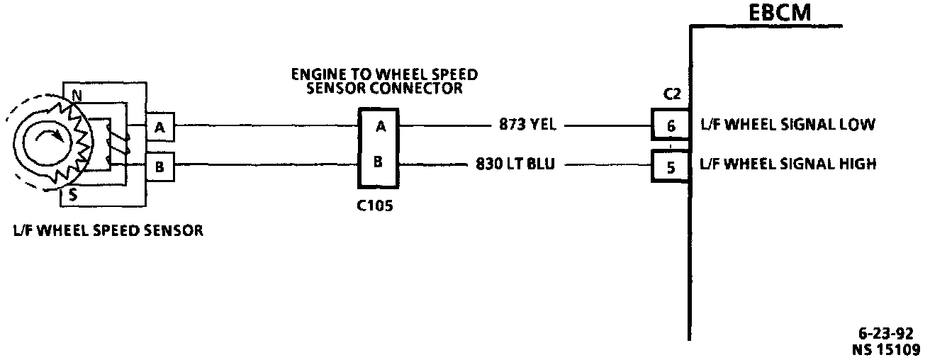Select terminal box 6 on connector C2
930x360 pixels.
click(x=670, y=126)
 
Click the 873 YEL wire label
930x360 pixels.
click(x=528, y=126)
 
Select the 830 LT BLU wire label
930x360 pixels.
click(x=516, y=165)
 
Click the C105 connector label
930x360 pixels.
click(x=377, y=208)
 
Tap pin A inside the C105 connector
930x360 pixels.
click(x=380, y=127)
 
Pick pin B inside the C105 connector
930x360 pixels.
click(x=379, y=162)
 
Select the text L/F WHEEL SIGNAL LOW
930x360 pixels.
click(x=787, y=125)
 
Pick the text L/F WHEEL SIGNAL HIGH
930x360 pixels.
click(x=788, y=164)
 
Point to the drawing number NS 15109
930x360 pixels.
click(x=886, y=349)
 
